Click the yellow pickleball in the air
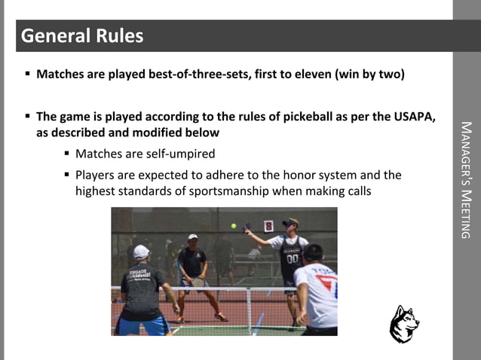pos(234,225)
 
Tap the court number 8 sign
pos(268,225)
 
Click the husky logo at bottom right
pos(404,325)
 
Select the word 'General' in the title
pos(52,36)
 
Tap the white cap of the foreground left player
pos(141,252)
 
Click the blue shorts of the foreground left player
pos(142,325)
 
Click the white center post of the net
pos(249,310)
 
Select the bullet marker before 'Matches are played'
pos(28,75)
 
